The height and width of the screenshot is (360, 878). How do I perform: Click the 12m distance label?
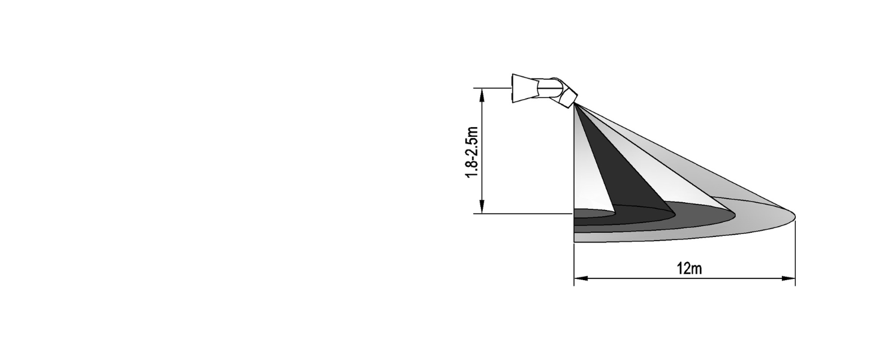tap(688, 269)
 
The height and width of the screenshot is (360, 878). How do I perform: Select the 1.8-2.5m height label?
tap(473, 152)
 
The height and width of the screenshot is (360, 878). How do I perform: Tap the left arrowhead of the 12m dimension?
tap(578, 278)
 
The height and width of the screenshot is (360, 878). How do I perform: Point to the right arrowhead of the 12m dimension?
tap(791, 278)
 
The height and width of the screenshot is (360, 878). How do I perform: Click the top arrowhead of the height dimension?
tap(482, 92)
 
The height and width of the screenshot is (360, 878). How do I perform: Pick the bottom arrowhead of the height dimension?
tap(482, 209)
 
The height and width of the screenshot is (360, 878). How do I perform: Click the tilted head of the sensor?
tap(567, 96)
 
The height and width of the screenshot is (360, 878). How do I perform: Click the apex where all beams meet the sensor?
tap(575, 106)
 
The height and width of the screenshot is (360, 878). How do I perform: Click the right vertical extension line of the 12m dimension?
tap(795, 252)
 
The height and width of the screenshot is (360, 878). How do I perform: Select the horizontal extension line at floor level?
tap(522, 214)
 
